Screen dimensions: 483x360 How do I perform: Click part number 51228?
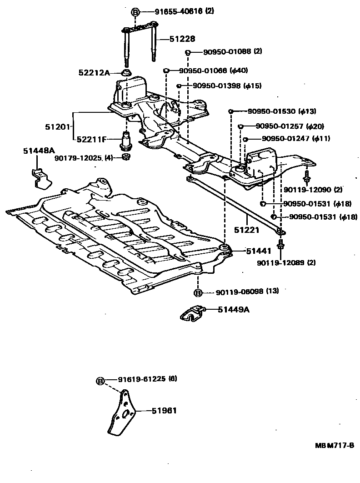(x=169, y=39)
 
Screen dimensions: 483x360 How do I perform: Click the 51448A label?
(x=36, y=151)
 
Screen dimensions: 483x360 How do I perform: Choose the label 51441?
(x=246, y=251)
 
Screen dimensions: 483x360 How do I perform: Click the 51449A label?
(x=233, y=310)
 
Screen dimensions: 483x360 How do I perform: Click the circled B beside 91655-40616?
(x=135, y=12)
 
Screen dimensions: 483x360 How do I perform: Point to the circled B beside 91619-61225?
(x=101, y=380)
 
